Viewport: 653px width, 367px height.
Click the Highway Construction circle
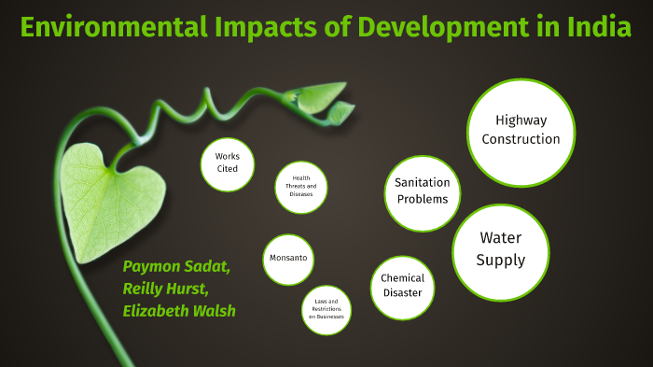[x=521, y=131]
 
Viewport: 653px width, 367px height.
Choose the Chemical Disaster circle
[x=403, y=285]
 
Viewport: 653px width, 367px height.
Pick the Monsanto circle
[x=288, y=259]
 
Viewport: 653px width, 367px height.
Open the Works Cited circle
[x=227, y=163]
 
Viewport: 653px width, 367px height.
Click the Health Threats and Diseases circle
[x=301, y=186]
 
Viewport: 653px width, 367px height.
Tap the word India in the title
[x=599, y=27]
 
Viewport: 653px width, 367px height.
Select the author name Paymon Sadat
[x=176, y=267]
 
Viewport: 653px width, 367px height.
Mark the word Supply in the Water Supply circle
[x=501, y=260]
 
